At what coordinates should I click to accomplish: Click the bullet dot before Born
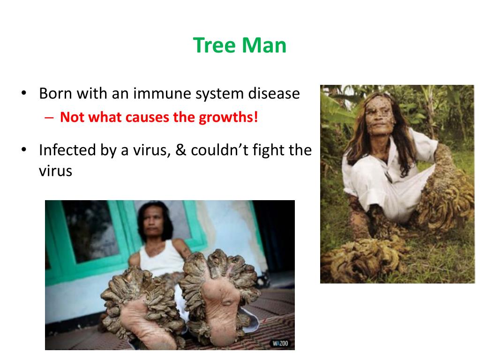(23, 94)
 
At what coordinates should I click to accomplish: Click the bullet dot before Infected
(23, 150)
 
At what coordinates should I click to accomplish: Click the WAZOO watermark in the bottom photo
(281, 344)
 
